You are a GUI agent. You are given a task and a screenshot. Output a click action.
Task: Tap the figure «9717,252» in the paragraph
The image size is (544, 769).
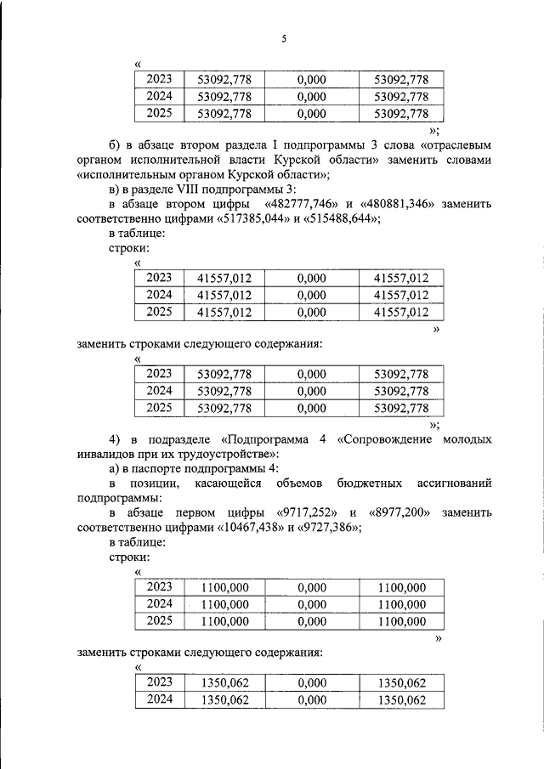[307, 514]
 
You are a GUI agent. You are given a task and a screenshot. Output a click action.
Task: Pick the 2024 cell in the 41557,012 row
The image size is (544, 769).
[159, 295]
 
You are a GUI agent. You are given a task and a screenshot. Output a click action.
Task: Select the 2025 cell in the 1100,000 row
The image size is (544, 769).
[159, 621]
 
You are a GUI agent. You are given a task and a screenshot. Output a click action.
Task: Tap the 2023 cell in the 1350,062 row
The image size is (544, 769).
[159, 682]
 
